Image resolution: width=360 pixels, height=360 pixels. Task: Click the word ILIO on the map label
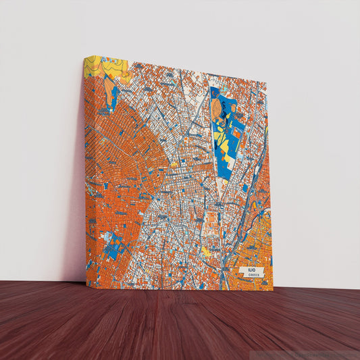[251, 269]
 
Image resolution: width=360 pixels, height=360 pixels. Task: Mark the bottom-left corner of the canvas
[86, 288]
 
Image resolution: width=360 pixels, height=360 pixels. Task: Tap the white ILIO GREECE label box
[251, 272]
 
